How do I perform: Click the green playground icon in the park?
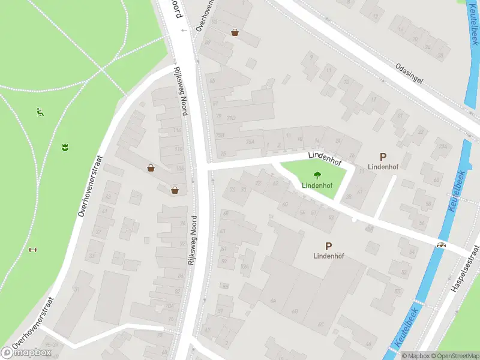click(40, 111)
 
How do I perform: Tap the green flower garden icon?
click(64, 146)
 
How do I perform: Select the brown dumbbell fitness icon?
click(32, 250)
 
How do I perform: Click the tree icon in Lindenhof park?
click(316, 176)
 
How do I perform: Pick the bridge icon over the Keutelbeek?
click(441, 245)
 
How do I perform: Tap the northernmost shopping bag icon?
click(235, 32)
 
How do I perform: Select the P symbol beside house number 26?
click(383, 156)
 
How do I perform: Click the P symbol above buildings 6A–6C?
click(328, 246)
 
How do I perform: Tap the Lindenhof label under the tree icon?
click(317, 186)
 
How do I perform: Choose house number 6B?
click(295, 311)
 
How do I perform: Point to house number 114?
click(177, 130)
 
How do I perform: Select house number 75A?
click(250, 142)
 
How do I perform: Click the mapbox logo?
click(28, 352)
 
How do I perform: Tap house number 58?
click(428, 204)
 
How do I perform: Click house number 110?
click(178, 149)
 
